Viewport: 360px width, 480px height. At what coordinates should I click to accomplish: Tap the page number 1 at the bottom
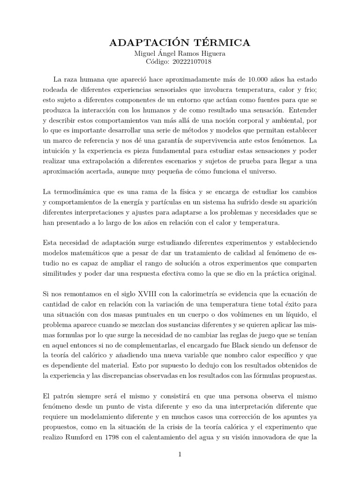pyautogui.click(x=180, y=454)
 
